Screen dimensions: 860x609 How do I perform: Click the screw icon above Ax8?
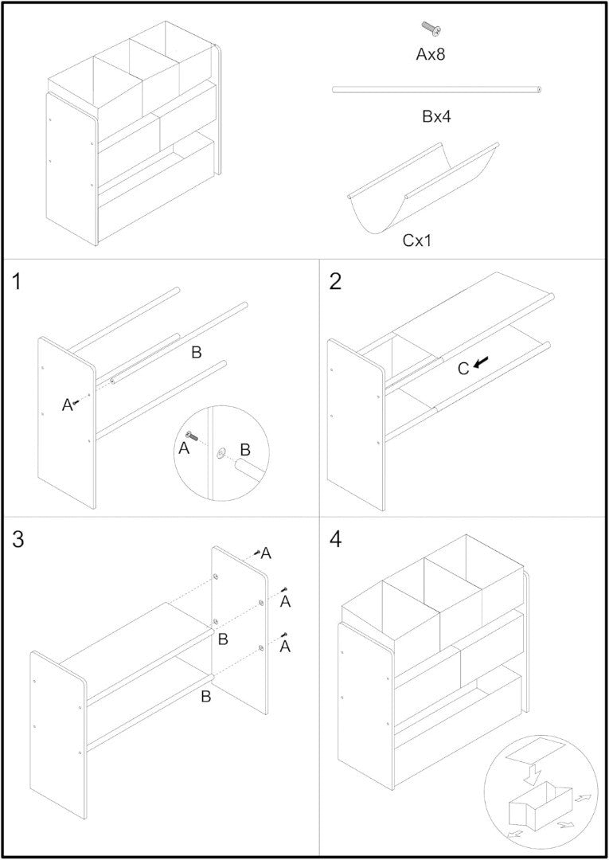[x=431, y=29]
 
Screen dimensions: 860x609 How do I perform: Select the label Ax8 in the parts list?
[x=435, y=55]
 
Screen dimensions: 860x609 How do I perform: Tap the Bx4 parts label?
[x=437, y=117]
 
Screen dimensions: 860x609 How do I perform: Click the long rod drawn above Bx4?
[x=437, y=90]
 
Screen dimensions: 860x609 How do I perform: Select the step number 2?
[x=335, y=282]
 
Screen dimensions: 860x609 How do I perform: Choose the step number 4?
[x=336, y=539]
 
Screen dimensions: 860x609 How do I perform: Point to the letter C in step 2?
[x=463, y=368]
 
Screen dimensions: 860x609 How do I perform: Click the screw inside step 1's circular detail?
[x=192, y=436]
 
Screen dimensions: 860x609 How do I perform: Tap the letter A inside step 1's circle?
[x=184, y=449]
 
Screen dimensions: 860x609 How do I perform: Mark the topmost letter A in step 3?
[x=266, y=553]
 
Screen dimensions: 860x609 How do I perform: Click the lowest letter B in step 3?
[x=205, y=697]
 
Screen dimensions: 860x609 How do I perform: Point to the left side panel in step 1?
[x=68, y=422]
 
